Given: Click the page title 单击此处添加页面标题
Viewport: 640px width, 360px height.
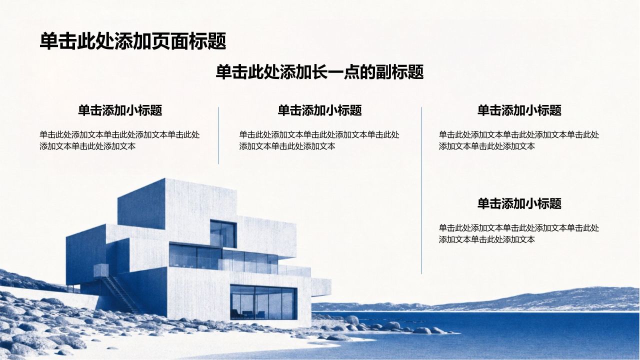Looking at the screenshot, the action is coord(133,41).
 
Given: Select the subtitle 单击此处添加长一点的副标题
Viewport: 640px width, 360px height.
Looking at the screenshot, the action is coord(319,72).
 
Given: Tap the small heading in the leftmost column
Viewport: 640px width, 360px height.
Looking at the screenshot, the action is coord(120,110).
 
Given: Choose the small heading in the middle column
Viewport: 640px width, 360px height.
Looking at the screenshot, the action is coord(319,110).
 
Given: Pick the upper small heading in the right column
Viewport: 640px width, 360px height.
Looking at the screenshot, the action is coord(519,110).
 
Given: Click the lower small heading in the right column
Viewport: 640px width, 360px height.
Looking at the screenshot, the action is coord(519,203).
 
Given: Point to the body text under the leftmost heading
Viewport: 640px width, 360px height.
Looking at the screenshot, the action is coord(119,140).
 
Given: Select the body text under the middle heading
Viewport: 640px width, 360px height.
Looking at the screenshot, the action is coord(319,140).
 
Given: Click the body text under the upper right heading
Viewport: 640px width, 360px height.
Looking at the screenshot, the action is coord(519,140).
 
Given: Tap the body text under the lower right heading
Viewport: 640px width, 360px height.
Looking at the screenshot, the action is coord(519,233).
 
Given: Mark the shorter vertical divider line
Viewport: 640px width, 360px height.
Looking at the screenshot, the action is coord(218,135).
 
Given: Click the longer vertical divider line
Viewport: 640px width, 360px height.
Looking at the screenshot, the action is coord(421,190).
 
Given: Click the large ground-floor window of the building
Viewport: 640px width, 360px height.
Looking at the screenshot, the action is coord(263,302).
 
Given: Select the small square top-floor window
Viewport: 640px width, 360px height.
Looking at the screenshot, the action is coord(223,233).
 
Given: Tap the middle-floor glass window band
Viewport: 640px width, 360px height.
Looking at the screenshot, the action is coord(223,257).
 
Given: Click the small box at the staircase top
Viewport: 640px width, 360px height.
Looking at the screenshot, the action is coord(101,270).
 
